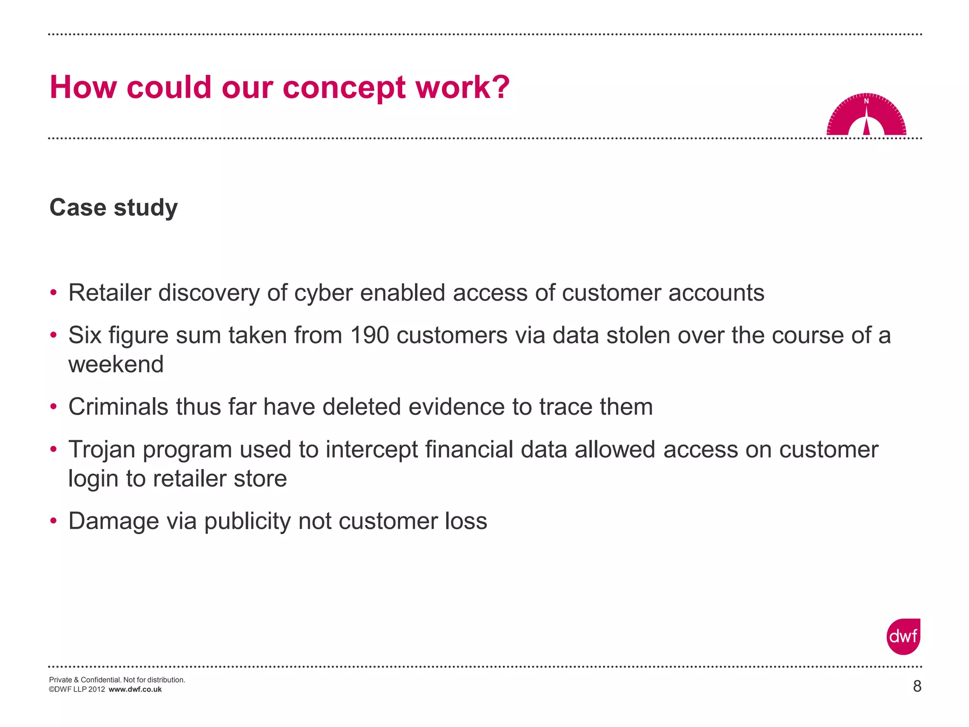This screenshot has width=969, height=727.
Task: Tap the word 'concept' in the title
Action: (344, 88)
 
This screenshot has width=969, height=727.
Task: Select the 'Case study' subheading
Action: (114, 207)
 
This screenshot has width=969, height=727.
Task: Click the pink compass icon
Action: (866, 115)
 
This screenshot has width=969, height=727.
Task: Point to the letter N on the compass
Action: (866, 101)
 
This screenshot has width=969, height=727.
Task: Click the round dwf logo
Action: (903, 637)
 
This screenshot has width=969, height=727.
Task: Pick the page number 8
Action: (917, 686)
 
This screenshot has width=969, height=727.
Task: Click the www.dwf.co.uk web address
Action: (135, 690)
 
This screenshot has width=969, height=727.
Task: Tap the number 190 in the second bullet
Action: (370, 336)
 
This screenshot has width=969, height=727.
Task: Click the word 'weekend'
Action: (116, 364)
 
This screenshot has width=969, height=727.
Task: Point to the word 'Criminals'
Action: (118, 407)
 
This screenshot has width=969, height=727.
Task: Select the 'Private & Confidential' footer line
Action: (117, 680)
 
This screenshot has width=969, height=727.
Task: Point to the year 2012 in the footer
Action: (96, 690)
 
